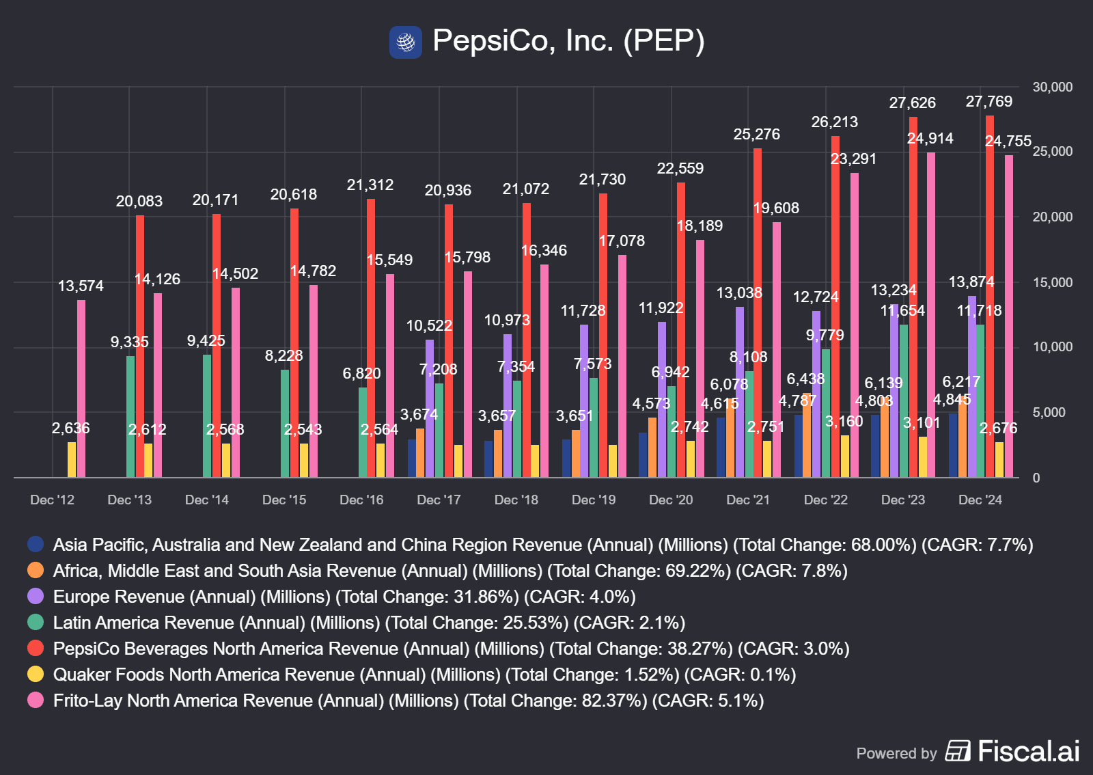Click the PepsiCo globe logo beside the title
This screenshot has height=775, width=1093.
coord(406,42)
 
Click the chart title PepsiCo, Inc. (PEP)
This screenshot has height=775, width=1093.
coord(568,41)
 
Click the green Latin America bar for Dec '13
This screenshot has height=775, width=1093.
coord(130,416)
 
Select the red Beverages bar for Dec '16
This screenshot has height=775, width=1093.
coord(371,338)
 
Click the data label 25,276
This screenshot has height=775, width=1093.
coord(756,135)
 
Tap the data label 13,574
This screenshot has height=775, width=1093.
coord(81,286)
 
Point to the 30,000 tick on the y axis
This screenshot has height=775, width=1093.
coord(1052,87)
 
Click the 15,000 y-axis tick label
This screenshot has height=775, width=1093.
coord(1052,282)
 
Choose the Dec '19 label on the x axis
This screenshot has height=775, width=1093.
coord(594,500)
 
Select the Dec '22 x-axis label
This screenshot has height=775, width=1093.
coord(825,500)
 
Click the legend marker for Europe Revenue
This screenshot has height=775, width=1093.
coord(36,597)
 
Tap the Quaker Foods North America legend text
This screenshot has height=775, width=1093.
coord(424,675)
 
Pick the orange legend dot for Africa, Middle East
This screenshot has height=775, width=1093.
coord(36,571)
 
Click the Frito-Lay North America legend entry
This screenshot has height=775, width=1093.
coord(408,701)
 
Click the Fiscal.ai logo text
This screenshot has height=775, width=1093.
coord(1028,751)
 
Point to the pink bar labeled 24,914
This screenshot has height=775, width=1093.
coord(931,314)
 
